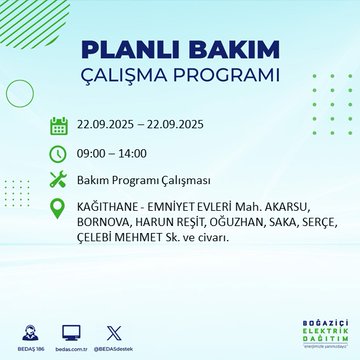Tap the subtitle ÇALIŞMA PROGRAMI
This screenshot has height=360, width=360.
point(180,76)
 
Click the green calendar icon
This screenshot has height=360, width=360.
point(59,126)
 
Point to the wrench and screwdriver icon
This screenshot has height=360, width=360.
point(59,181)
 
